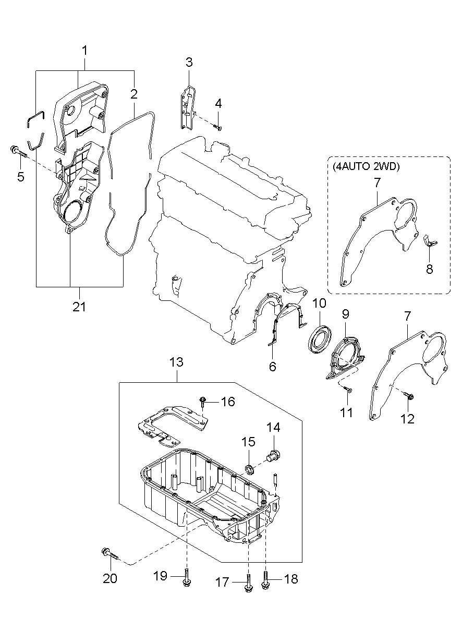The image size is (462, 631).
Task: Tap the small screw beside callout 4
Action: pyautogui.click(x=218, y=127)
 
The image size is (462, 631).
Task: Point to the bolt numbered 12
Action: pyautogui.click(x=408, y=395)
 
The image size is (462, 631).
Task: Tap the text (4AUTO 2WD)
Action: pyautogui.click(x=366, y=167)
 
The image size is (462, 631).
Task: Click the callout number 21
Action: pyautogui.click(x=79, y=307)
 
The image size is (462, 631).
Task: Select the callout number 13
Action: pyautogui.click(x=177, y=362)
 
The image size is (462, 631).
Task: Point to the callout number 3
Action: pyautogui.click(x=189, y=62)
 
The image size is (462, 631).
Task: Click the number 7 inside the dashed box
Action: pyautogui.click(x=377, y=183)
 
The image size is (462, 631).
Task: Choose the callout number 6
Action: pyautogui.click(x=273, y=367)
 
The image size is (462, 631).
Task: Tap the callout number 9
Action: pyautogui.click(x=345, y=314)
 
